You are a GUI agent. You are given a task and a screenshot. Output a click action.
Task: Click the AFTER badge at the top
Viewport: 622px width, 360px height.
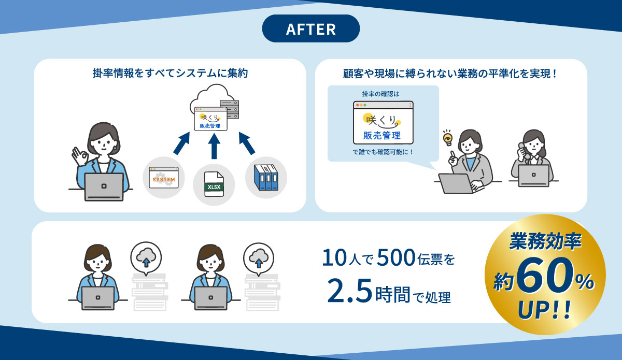pos(310,28)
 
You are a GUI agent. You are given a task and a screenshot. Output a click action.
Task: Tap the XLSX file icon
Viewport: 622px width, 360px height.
pos(214,184)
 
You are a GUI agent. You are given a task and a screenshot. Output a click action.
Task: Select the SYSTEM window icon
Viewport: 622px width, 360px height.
pos(164,178)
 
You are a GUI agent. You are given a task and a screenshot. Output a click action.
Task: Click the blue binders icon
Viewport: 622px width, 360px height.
pos(266,178)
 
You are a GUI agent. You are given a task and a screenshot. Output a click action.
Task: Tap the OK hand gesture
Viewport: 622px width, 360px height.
pos(79,156)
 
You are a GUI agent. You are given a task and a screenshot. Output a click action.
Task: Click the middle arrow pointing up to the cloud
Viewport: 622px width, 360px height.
pos(214,146)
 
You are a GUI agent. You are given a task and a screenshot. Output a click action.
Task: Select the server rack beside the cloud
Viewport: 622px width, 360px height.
pos(229,109)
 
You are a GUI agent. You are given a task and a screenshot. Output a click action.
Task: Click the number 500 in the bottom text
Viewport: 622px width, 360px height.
pos(397,257)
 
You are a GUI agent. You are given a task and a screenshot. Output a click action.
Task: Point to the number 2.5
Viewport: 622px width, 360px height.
pos(350,291)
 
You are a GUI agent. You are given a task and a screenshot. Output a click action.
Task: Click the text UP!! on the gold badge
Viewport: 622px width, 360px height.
pos(544,309)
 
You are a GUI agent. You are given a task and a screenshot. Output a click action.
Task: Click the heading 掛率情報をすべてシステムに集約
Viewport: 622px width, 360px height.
pos(170,73)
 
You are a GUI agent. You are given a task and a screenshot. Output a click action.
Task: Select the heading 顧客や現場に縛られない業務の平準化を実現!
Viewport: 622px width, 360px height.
pos(450,74)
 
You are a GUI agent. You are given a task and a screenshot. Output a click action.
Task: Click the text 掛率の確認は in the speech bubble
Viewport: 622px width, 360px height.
pos(380,94)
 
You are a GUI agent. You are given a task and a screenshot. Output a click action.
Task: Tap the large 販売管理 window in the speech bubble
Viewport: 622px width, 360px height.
pos(383,122)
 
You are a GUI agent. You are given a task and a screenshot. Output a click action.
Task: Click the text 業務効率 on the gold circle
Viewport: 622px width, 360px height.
pos(545,241)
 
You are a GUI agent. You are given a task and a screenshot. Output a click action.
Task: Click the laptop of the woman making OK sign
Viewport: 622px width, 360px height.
pos(104,187)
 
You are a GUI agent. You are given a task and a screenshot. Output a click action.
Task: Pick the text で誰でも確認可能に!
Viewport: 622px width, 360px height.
pos(383,152)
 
